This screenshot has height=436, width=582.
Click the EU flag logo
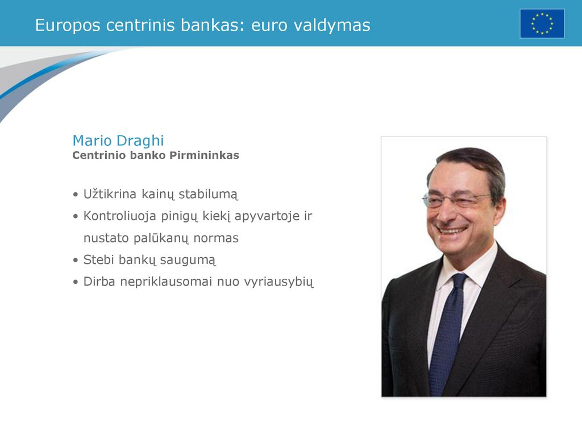click(542, 24)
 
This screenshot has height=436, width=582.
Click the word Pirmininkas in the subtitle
click(204, 156)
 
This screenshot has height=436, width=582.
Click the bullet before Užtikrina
click(76, 195)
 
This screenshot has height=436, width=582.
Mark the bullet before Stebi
click(76, 260)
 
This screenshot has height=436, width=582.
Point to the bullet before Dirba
click(76, 282)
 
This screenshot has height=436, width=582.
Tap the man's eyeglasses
click(456, 200)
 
